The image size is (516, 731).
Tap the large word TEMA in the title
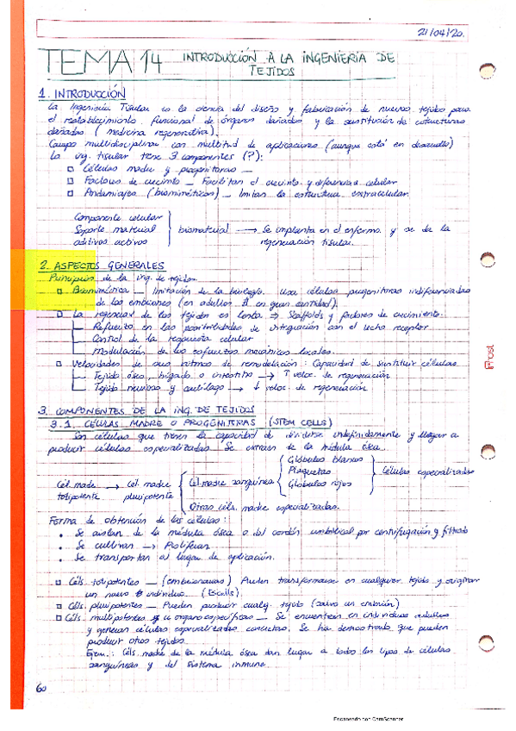click(x=80, y=63)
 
